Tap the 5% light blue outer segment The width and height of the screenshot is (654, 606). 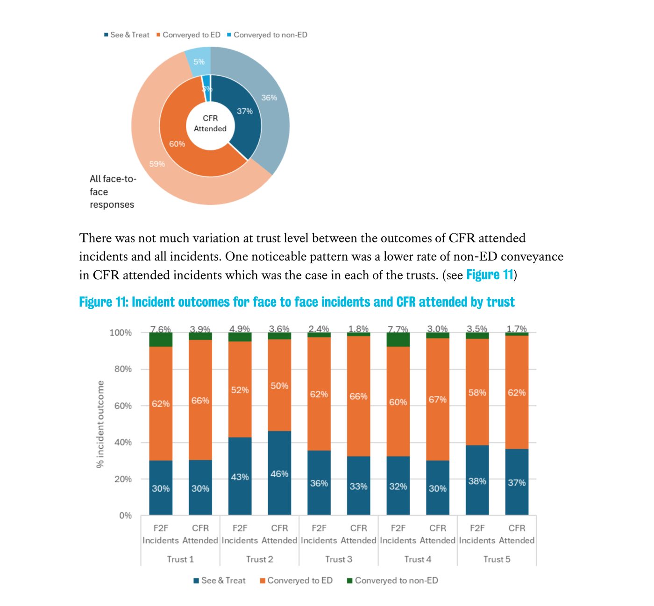coord(199,62)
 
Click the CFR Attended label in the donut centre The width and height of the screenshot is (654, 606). coord(210,124)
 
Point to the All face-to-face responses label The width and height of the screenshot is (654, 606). coord(112,192)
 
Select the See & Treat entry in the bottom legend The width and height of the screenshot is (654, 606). coord(220,581)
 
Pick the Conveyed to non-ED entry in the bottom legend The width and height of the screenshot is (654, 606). coord(392,581)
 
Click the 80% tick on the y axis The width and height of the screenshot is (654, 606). coord(123,369)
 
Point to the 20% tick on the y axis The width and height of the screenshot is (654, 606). coord(123,479)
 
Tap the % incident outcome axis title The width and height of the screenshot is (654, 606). coord(100,424)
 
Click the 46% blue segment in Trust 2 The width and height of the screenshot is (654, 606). coord(279,474)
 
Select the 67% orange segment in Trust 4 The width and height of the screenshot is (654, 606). coord(438,400)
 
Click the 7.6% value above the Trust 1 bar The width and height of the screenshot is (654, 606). coord(161,329)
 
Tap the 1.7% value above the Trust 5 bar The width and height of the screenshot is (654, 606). coord(517,329)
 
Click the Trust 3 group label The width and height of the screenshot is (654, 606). coord(339,559)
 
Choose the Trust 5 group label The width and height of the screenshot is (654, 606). coord(497,559)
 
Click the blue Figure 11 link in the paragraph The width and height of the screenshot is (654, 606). coord(490,275)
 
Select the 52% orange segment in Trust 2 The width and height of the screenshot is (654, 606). coord(240,390)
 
